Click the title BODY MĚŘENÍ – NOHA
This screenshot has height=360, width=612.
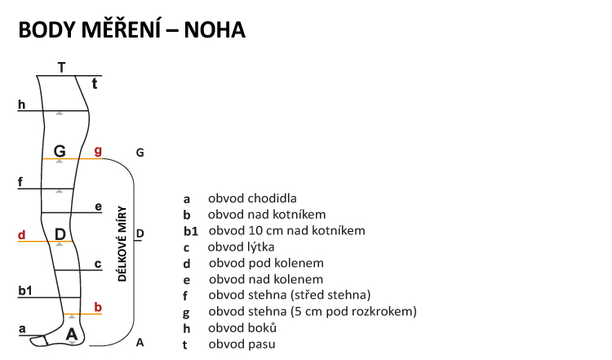click(131, 30)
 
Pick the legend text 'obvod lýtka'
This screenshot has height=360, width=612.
click(241, 247)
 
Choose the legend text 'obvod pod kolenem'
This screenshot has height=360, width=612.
click(266, 263)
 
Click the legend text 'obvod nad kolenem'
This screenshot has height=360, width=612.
click(266, 279)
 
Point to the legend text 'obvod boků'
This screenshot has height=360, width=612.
click(242, 328)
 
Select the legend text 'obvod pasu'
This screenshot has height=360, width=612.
click(242, 344)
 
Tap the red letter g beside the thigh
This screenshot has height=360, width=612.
click(98, 151)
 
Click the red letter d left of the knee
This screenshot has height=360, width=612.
click(21, 235)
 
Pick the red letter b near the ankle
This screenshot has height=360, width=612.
click(98, 307)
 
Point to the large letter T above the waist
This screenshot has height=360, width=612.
click(61, 67)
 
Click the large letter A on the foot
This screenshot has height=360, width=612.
click(72, 334)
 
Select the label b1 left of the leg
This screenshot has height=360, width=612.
click(24, 291)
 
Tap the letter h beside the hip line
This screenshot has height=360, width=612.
click(21, 104)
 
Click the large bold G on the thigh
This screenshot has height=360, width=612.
click(60, 151)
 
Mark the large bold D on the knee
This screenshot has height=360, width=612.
click(60, 235)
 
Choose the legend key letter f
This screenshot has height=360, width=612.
click(186, 296)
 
